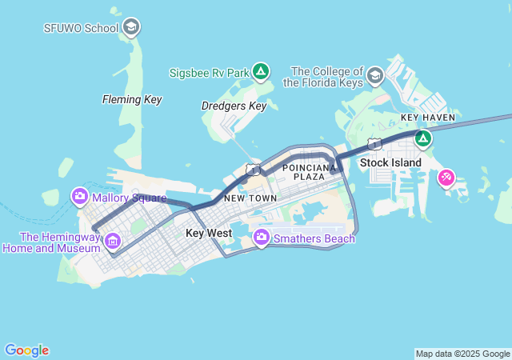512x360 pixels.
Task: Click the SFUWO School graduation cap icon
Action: [x=132, y=28]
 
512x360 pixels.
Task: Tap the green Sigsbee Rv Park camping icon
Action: [x=260, y=72]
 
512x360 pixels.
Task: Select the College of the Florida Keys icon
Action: [x=374, y=76]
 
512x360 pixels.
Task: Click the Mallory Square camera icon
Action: [x=79, y=197]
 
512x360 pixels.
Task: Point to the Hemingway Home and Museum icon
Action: [x=112, y=241]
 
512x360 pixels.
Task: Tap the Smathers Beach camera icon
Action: [x=261, y=238]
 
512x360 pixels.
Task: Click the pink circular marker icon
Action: [x=446, y=177]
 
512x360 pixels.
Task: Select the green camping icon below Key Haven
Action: [x=423, y=139]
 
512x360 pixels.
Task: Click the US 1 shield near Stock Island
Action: [x=374, y=144]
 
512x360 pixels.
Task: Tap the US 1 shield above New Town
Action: [x=253, y=170]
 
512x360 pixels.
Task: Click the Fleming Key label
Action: [x=132, y=100]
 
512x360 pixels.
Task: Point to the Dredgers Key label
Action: [x=233, y=106]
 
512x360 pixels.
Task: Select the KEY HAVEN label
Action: [x=427, y=118]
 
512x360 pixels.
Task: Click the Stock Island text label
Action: [x=390, y=162]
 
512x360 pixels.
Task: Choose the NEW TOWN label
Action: [x=250, y=198]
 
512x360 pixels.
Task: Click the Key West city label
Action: [x=208, y=234]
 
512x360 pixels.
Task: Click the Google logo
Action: [x=26, y=350]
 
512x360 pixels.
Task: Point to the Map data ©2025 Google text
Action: [x=462, y=354]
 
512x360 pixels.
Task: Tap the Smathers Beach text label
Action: [x=314, y=238]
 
